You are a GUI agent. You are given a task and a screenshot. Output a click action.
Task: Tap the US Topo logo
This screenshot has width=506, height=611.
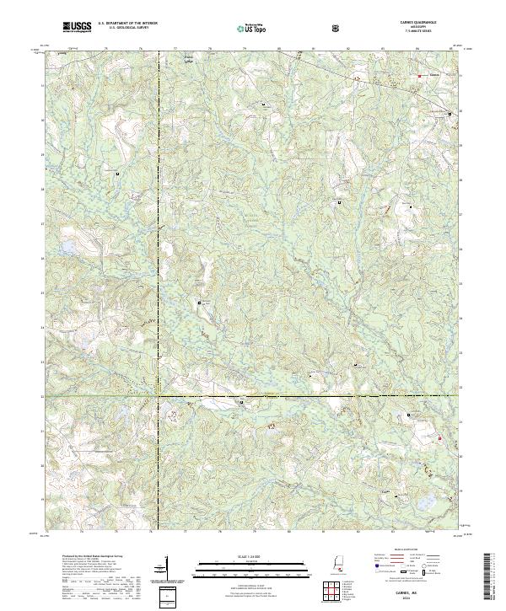[253, 29]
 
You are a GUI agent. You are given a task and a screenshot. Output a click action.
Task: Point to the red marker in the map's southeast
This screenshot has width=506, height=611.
[439, 437]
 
